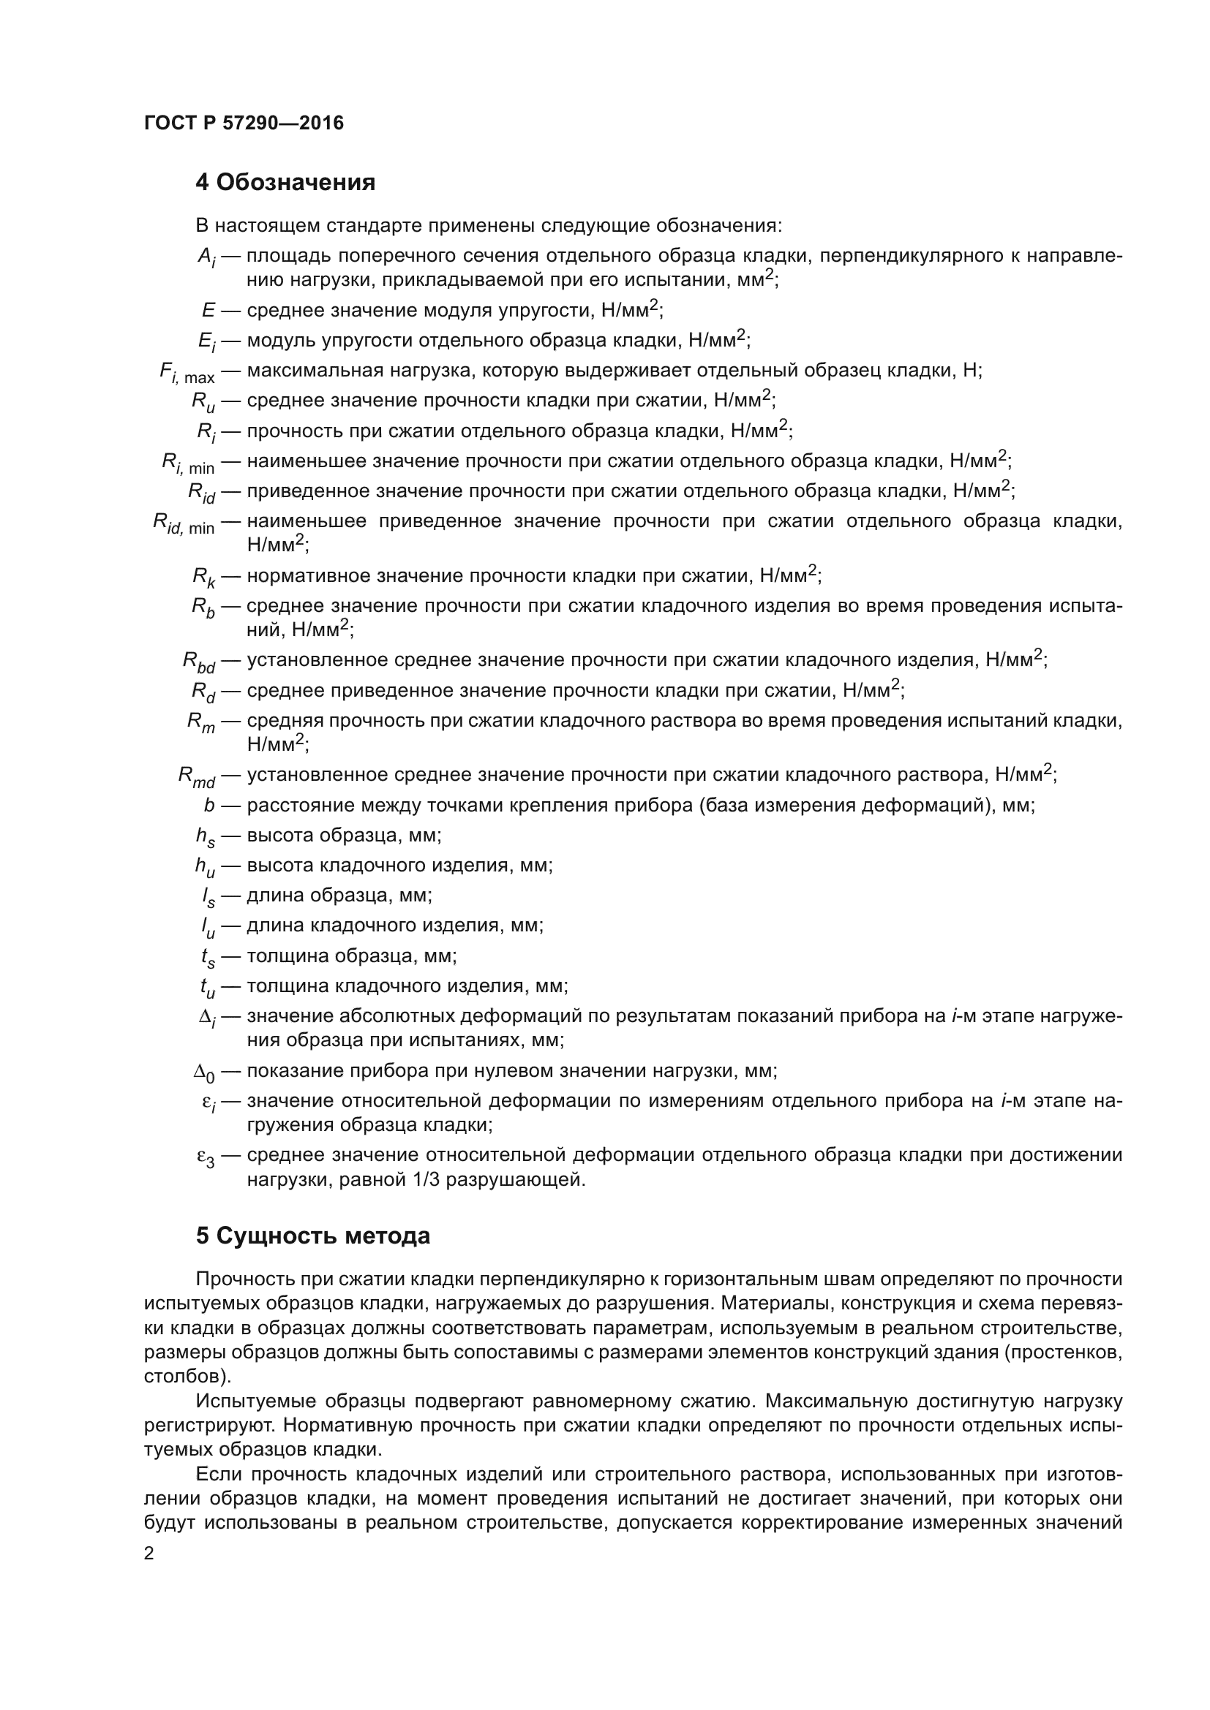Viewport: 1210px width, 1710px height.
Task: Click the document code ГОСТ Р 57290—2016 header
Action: coord(244,123)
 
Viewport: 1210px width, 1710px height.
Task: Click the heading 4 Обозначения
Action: coord(285,183)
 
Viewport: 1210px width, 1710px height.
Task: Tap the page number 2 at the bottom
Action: coord(149,1553)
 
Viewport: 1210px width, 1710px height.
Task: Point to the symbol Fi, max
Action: coord(187,372)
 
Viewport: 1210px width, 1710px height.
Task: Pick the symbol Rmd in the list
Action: coord(197,778)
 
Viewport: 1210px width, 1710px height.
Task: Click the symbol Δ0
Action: coord(204,1073)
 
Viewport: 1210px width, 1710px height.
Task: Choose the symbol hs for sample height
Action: coord(206,838)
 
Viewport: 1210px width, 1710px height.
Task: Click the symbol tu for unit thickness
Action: coord(208,988)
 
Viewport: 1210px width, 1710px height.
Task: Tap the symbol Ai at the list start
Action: coord(206,257)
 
